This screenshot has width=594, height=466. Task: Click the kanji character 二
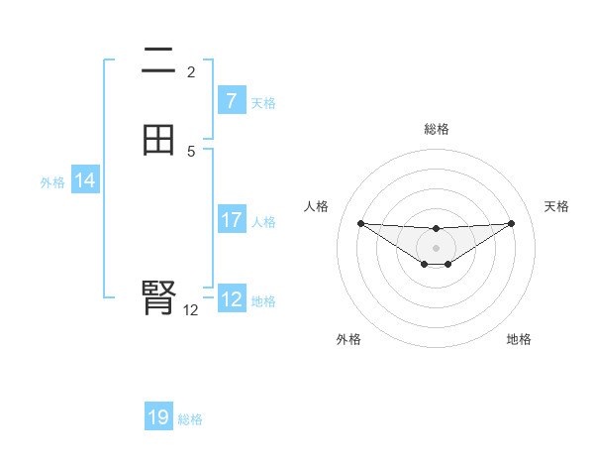pos(158,63)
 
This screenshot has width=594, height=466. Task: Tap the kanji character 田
pos(158,139)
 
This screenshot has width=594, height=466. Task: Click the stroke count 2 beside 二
pos(191,72)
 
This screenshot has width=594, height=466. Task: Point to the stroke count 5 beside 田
pos(191,152)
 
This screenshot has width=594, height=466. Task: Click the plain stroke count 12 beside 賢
pos(191,310)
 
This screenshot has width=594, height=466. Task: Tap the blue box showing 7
pos(231,101)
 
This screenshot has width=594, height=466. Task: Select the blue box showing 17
pos(231,221)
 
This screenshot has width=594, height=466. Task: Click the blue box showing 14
pos(84,180)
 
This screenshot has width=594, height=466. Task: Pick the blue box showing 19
pos(158,417)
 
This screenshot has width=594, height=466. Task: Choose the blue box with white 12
pos(231,299)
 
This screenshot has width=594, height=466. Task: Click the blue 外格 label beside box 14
pos(52,182)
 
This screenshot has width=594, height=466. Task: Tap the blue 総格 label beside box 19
pos(190,419)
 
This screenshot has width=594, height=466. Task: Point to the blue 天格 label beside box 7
pos(263,103)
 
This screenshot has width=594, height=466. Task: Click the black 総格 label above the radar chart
pos(436,129)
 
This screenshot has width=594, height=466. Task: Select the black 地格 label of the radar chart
pos(519,339)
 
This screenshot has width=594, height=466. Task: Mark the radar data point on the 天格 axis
pos(511,223)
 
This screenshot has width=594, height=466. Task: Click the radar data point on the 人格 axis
pos(360,223)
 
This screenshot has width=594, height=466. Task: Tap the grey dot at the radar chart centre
pos(436,247)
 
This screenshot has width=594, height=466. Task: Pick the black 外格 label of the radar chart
pos(348,339)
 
